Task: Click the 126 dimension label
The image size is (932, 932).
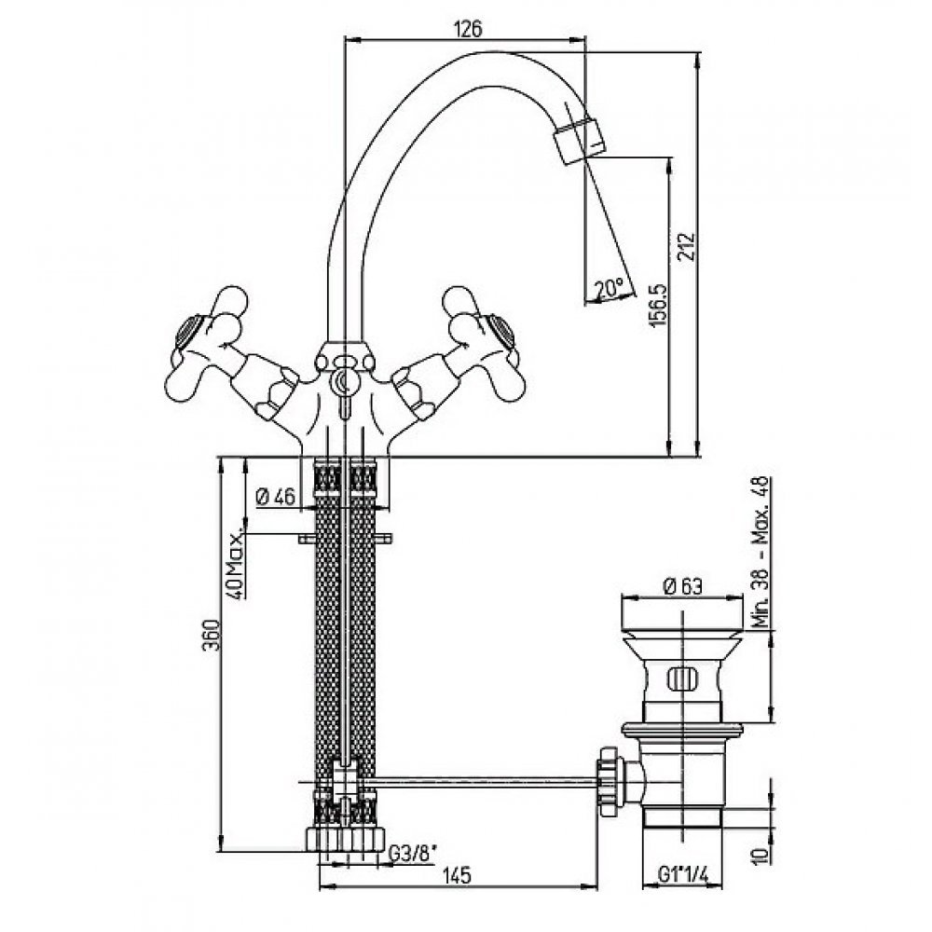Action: [x=467, y=29]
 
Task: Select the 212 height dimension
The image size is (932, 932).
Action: [x=687, y=245]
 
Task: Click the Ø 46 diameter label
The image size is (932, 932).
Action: [x=275, y=497]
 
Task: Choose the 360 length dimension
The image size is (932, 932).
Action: [x=212, y=635]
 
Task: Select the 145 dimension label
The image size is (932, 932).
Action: [x=457, y=875]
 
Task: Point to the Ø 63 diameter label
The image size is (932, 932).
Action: [x=682, y=586]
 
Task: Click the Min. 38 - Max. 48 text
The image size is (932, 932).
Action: [x=761, y=552]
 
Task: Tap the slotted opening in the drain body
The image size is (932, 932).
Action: [x=682, y=678]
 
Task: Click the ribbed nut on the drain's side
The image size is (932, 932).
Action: [x=610, y=782]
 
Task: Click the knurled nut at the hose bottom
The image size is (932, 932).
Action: [x=346, y=839]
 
